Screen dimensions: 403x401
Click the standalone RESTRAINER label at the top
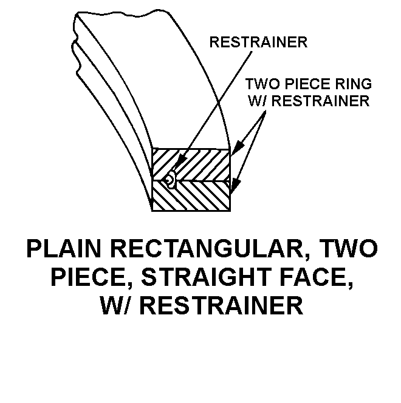click(x=258, y=42)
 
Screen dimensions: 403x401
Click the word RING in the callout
click(x=355, y=84)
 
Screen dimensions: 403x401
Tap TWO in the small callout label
click(x=261, y=84)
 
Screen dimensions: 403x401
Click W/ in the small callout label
click(x=258, y=101)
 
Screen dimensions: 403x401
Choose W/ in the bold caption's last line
click(x=117, y=305)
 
